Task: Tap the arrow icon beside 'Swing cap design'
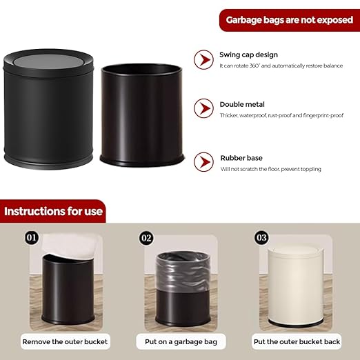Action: (203, 59)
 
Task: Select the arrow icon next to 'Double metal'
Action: (203, 108)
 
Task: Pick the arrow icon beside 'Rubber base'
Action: (203, 162)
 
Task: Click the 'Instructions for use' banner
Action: (53, 211)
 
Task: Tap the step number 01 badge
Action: (31, 239)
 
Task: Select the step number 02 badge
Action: (146, 239)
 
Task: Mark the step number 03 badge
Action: (260, 239)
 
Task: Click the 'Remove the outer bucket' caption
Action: (65, 341)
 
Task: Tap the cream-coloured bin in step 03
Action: (294, 286)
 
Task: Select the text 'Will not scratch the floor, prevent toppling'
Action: (270, 169)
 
